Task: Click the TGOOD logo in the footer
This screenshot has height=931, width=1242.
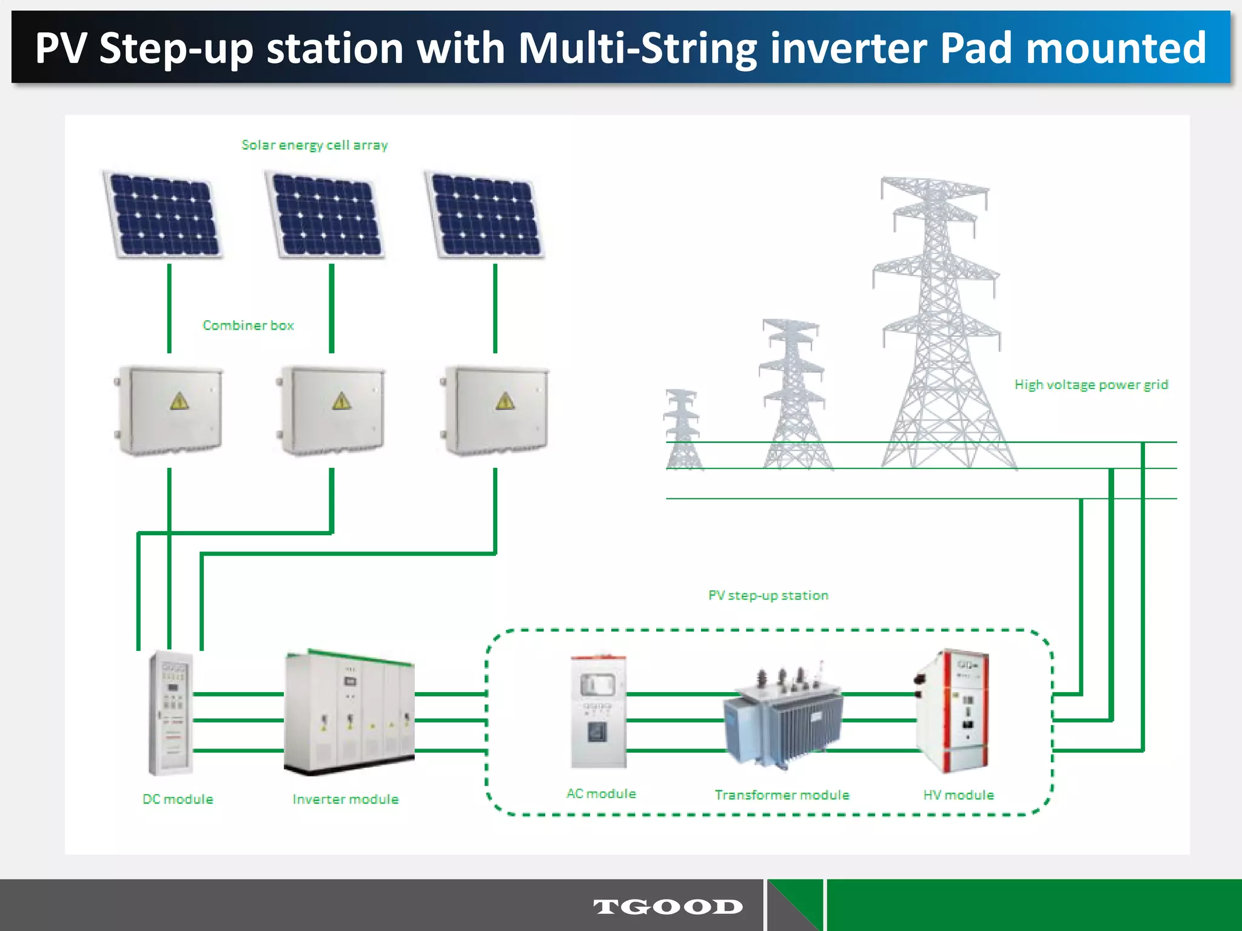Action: (x=668, y=907)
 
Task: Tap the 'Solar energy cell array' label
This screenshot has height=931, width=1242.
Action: (x=314, y=145)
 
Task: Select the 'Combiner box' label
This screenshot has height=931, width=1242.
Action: (x=248, y=325)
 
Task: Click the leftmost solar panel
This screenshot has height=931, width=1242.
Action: (x=164, y=215)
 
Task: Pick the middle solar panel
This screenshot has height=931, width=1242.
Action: (x=326, y=215)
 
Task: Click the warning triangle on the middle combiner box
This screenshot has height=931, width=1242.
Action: (x=341, y=401)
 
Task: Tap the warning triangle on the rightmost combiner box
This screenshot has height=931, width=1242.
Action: (x=505, y=401)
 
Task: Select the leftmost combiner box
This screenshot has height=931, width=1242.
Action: (x=170, y=410)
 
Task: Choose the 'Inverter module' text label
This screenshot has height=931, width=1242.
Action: (x=346, y=799)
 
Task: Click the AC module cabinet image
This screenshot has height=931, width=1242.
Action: (x=597, y=712)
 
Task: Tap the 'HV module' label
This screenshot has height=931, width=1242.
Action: (x=958, y=795)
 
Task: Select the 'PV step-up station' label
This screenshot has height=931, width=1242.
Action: (x=768, y=596)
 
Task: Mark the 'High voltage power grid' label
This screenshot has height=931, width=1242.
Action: (x=1091, y=385)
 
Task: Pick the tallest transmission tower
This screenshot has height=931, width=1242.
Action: (x=937, y=321)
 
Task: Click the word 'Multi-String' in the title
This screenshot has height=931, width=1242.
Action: (x=637, y=48)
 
